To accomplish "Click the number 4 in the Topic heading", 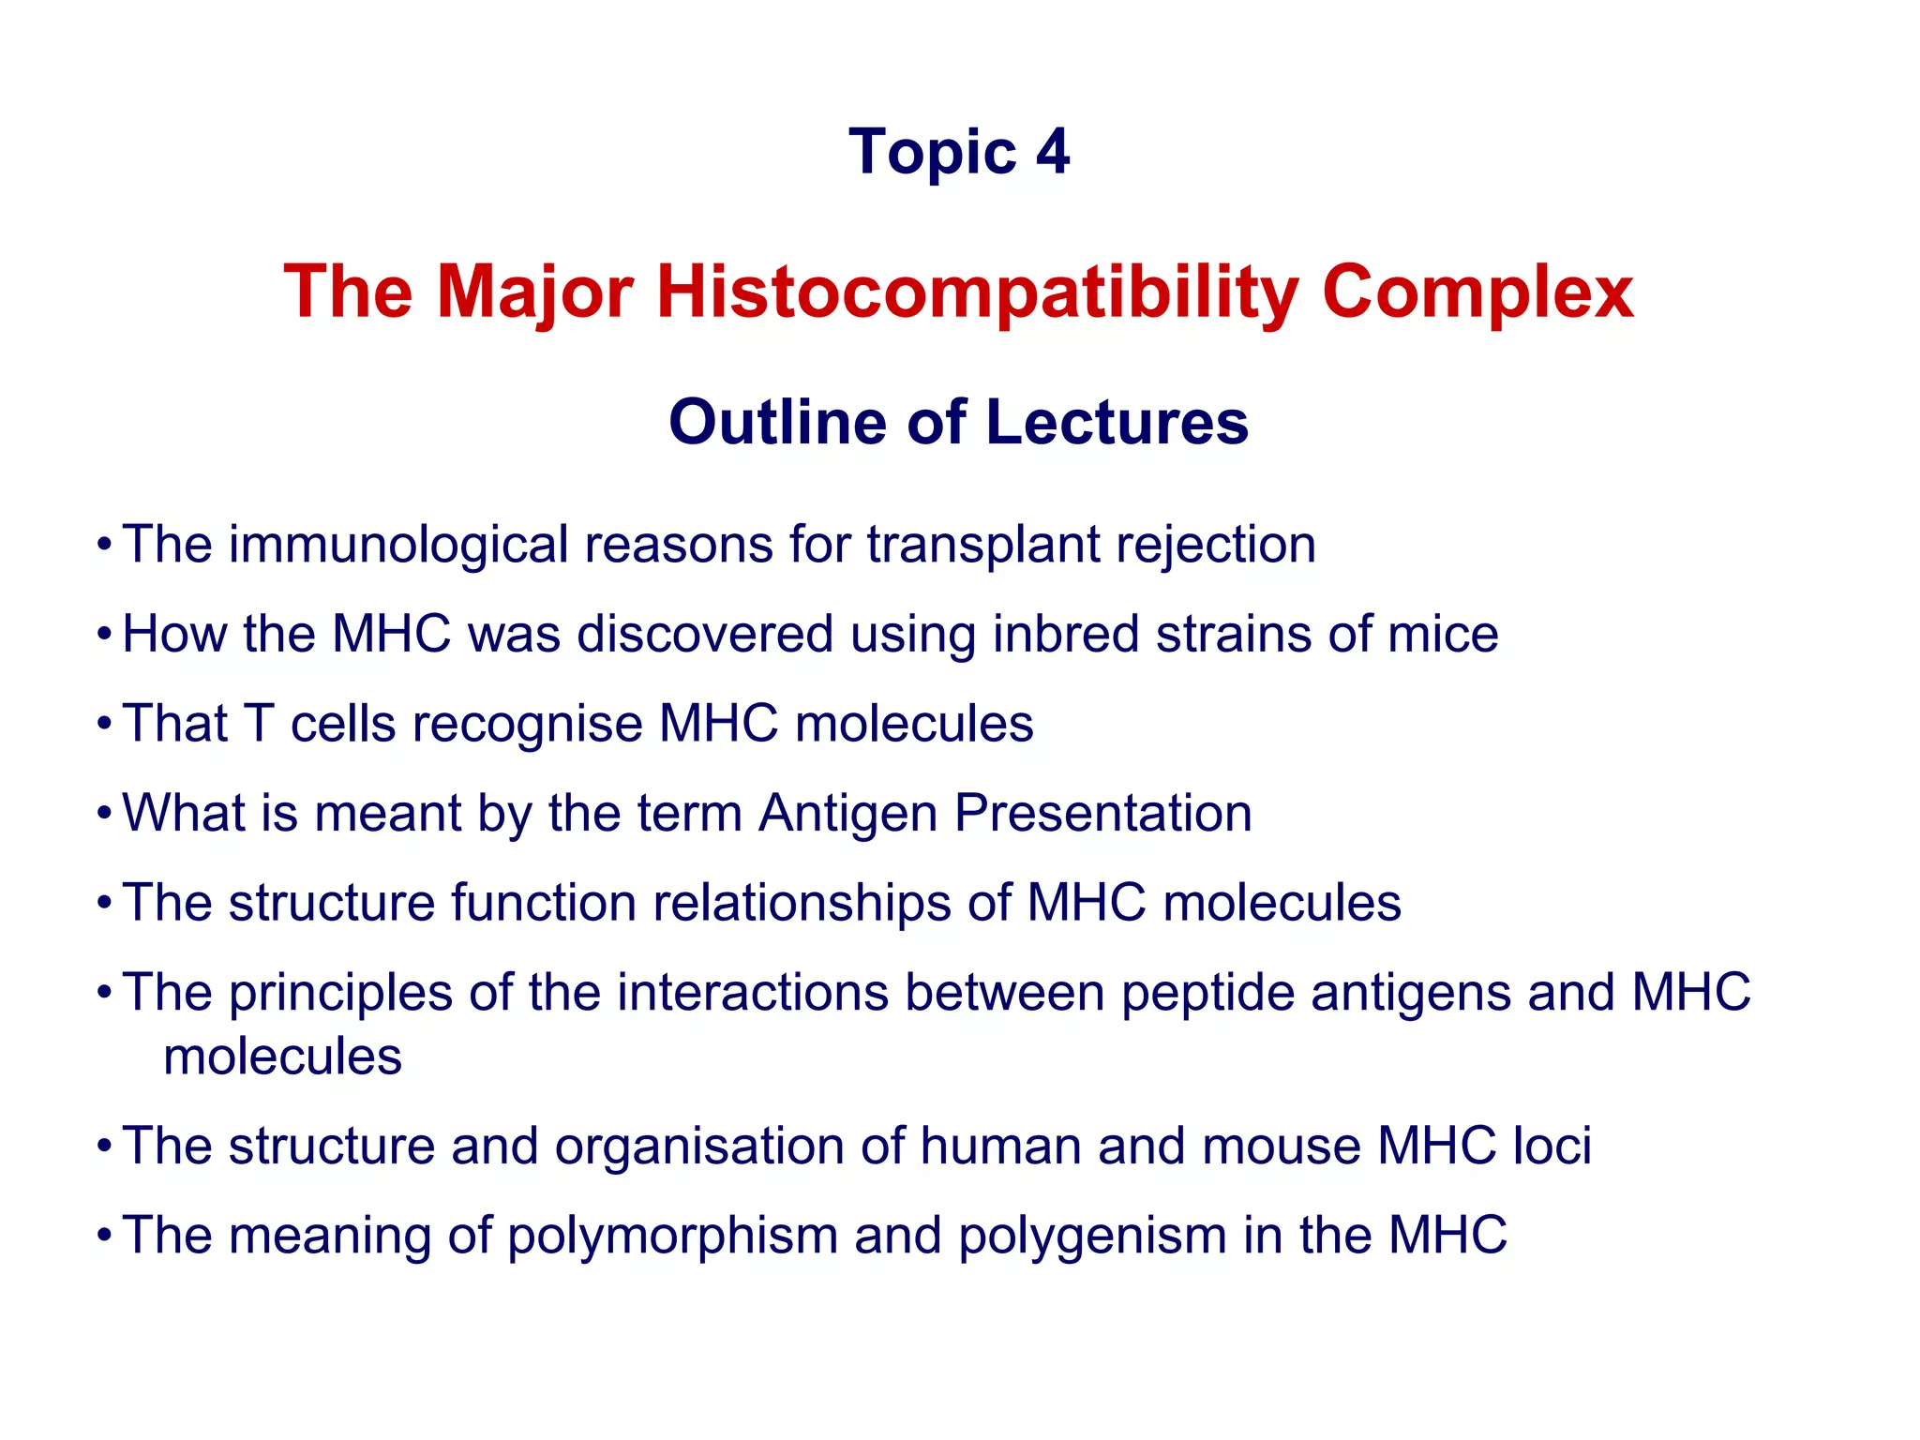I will [x=1053, y=152].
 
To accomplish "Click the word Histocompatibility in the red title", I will [x=976, y=292].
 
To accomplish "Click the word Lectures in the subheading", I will [x=1117, y=422].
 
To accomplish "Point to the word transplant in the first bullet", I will [x=983, y=546].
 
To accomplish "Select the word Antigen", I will [x=847, y=814].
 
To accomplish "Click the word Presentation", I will [x=1102, y=814].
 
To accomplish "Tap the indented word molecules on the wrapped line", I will [x=282, y=1057].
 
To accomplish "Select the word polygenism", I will [x=1092, y=1236].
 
